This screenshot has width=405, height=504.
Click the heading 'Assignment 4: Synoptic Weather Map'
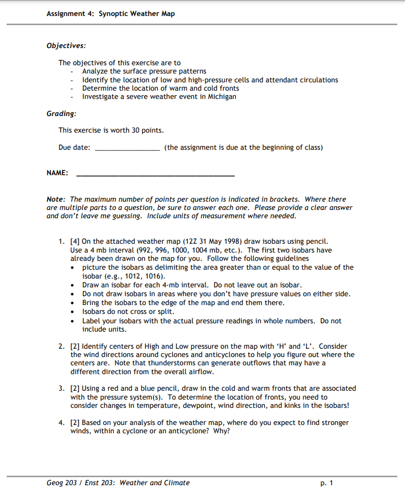[x=111, y=13]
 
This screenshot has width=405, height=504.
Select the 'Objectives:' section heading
[x=66, y=46]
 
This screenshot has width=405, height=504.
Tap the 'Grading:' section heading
[x=61, y=113]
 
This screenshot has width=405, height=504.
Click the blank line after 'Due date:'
[x=127, y=148]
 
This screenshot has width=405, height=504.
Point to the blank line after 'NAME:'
[x=155, y=174]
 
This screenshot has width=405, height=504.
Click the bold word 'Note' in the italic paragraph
[x=56, y=200]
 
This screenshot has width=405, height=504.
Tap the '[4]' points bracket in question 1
[x=75, y=242]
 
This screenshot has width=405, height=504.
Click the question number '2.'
[x=62, y=347]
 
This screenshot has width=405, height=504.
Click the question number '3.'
[x=62, y=389]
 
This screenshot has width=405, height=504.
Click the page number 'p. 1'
[x=327, y=483]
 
